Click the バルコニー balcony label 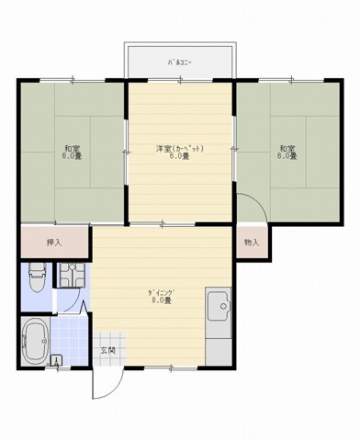(x=179, y=62)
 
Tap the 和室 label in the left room (x=71, y=149)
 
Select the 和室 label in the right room (x=287, y=149)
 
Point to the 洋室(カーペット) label (x=179, y=148)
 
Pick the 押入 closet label (x=54, y=243)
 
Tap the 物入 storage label (x=252, y=243)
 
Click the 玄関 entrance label (x=108, y=351)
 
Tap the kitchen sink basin (x=219, y=308)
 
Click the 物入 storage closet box (x=252, y=243)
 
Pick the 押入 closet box (x=54, y=243)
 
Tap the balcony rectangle (x=180, y=62)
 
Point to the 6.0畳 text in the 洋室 (x=179, y=156)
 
